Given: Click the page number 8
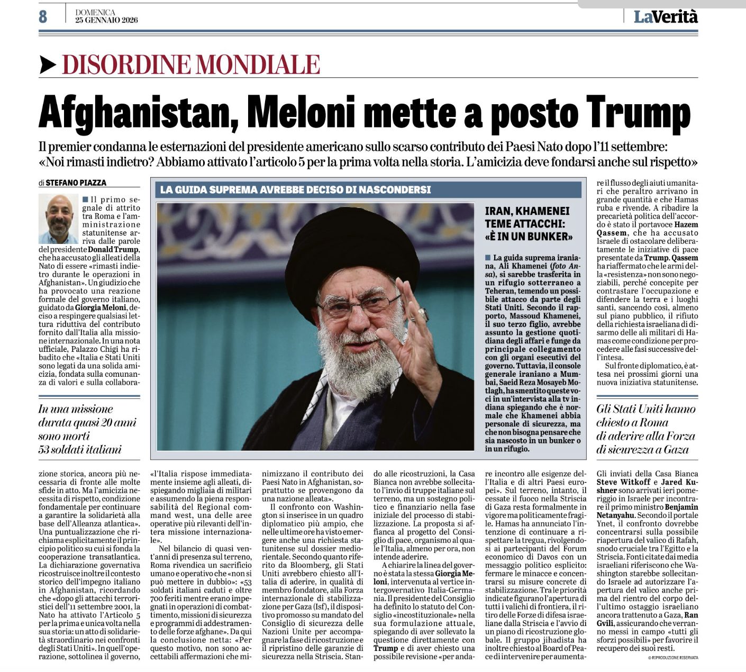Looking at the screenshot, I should click(x=43, y=16).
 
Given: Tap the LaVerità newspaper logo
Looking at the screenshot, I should click(x=666, y=16).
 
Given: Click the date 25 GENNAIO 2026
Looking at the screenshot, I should click(x=106, y=20).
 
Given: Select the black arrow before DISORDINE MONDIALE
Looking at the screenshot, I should click(x=48, y=65).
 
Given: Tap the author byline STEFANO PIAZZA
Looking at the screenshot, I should click(x=76, y=183).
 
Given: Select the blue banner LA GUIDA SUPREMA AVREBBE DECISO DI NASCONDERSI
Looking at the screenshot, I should click(x=295, y=189).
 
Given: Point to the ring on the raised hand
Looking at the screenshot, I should click(x=423, y=314).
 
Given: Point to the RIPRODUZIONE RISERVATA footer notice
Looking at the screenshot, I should click(x=672, y=657).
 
